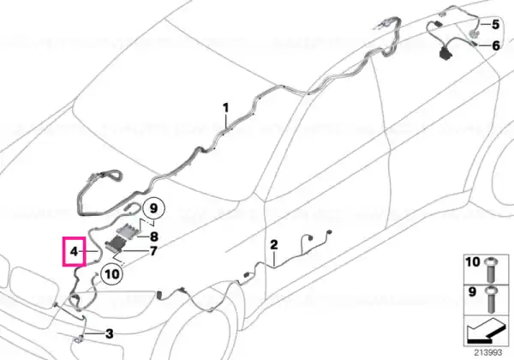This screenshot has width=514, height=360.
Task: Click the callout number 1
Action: pyautogui.click(x=225, y=108)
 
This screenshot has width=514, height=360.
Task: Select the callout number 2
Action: pyautogui.click(x=274, y=245)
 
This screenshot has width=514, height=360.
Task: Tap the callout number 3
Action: pyautogui.click(x=109, y=333)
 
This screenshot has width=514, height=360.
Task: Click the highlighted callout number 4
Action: pyautogui.click(x=74, y=252)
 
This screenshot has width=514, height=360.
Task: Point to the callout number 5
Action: pyautogui.click(x=495, y=24)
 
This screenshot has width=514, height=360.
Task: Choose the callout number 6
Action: pyautogui.click(x=496, y=45)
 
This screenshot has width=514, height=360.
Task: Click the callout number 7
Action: pyautogui.click(x=153, y=251)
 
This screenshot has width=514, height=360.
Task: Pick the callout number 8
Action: pyautogui.click(x=153, y=237)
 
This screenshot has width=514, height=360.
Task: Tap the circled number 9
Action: pyautogui.click(x=153, y=208)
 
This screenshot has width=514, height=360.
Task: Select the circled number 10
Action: pyautogui.click(x=111, y=273)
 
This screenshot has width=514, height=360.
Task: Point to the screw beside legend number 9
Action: pyautogui.click(x=491, y=300)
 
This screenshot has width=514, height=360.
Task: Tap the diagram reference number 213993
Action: pyautogui.click(x=488, y=353)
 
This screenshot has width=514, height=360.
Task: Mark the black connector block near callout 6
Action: pyautogui.click(x=445, y=53)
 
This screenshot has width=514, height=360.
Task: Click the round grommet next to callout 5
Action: pyautogui.click(x=473, y=33)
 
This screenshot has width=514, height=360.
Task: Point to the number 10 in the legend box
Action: pyautogui.click(x=472, y=262)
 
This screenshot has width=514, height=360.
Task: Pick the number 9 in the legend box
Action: pyautogui.click(x=472, y=291)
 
